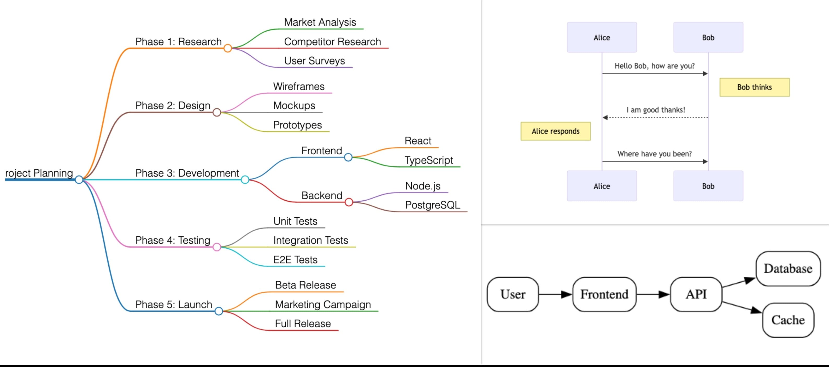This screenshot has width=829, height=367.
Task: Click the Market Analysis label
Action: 320,22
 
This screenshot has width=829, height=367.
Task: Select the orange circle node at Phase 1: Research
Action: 227,48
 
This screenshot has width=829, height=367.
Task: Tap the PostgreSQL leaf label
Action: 433,205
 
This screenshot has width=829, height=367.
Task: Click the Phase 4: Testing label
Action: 173,240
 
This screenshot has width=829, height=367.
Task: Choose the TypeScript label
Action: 429,160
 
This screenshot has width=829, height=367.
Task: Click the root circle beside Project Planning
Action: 79,180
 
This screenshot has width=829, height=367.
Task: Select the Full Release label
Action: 303,324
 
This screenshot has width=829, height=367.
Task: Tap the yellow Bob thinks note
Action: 754,87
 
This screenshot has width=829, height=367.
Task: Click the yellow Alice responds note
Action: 555,131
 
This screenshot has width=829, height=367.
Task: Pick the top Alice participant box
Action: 602,37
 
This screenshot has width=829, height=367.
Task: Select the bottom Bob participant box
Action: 708,186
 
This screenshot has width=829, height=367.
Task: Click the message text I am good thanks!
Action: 656,110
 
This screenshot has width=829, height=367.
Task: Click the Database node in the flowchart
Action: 788,269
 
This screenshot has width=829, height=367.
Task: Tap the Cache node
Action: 788,320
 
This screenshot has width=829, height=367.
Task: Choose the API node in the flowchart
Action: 696,294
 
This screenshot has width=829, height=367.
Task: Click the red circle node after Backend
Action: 349,202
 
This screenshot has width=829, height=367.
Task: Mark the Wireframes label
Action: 299,86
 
